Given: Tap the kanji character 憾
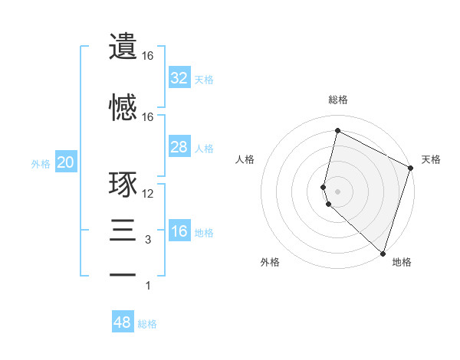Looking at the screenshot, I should point(123,107).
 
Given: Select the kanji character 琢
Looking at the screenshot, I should point(123,186).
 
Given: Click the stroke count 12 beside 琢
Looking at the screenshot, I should point(148,194).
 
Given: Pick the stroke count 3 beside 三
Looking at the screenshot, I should point(148,240).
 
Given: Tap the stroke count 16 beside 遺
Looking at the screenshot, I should point(148,56).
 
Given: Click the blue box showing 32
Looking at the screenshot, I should point(179,77).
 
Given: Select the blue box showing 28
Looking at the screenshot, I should point(179,147).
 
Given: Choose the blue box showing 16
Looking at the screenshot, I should point(179,231).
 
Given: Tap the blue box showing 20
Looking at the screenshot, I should point(65,162).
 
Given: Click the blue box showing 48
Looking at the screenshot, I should point(122,322).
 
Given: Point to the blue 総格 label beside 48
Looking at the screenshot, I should point(147,324).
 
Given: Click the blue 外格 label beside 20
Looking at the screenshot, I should point(41,164).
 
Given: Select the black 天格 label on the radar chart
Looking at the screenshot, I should point(431,159).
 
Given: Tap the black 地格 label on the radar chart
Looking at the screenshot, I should point(402,262).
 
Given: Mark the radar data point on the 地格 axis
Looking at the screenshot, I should point(382,254).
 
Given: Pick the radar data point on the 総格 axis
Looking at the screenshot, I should point(337,131).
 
